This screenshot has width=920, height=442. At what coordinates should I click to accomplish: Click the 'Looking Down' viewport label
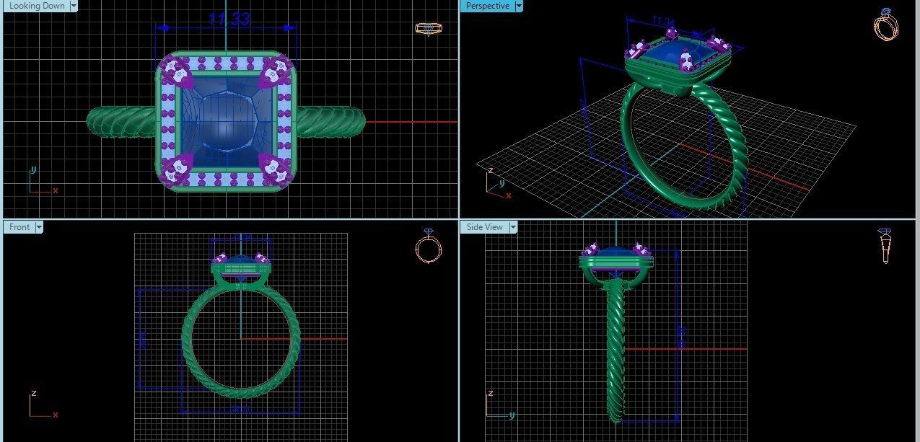click(37, 6)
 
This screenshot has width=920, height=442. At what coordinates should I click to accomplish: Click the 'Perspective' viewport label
click(487, 6)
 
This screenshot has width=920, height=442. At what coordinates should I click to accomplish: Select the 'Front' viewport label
click(19, 227)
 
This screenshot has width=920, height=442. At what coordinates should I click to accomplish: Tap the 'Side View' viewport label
click(484, 227)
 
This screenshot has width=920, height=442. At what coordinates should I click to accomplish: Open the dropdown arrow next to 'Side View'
click(513, 227)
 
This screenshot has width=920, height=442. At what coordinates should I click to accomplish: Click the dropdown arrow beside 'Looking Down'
click(74, 6)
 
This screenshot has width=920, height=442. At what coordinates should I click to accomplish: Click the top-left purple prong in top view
click(175, 71)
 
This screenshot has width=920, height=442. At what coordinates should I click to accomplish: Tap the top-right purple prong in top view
click(275, 71)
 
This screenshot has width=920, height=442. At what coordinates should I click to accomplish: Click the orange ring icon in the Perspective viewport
click(885, 25)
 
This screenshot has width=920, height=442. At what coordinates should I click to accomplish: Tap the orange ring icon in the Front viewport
click(428, 247)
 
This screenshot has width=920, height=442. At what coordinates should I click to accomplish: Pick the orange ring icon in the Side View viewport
click(885, 246)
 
